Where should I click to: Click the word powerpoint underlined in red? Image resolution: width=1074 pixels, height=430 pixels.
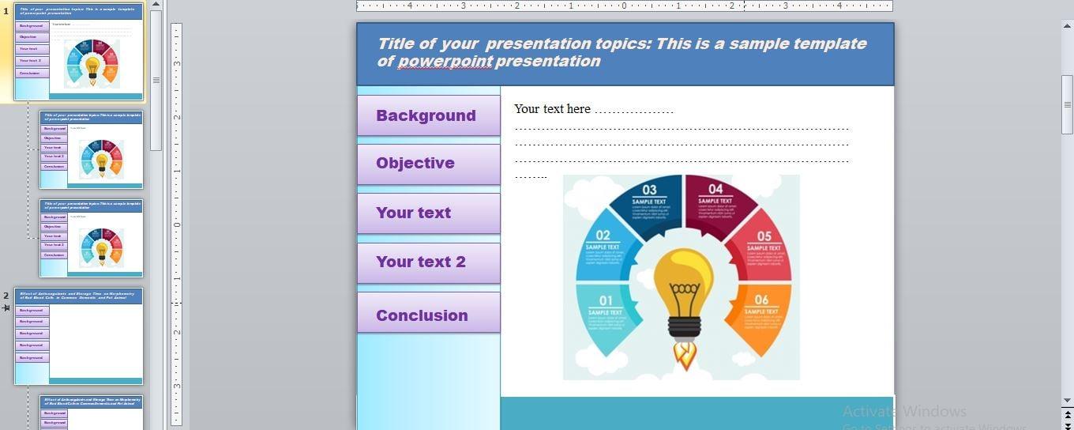click(x=445, y=62)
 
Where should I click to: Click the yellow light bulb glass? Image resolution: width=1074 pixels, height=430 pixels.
click(x=684, y=277)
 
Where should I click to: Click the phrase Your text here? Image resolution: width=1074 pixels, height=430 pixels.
click(x=552, y=109)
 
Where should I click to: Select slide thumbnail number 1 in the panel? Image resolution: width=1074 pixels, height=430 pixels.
click(x=78, y=51)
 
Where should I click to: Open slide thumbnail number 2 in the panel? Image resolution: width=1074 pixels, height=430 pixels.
click(x=78, y=336)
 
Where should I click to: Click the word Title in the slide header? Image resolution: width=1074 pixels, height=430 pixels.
click(x=395, y=43)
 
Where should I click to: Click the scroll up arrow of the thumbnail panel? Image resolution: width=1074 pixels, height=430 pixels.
click(x=156, y=5)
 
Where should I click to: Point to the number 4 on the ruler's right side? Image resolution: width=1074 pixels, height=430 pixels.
click(x=839, y=6)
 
